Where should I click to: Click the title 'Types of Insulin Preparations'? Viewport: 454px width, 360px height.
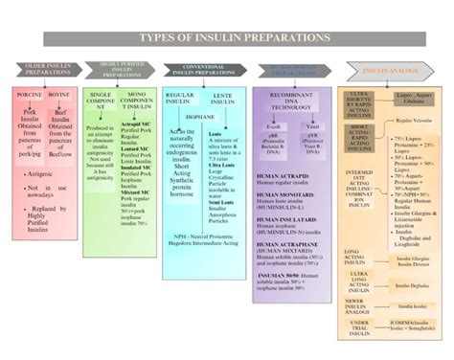coord(226,38)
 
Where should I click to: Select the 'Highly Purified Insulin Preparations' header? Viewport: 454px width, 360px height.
coord(124,70)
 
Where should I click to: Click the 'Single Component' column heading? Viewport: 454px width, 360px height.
coord(102,101)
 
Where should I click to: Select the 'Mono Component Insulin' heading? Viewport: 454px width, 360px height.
coord(136,101)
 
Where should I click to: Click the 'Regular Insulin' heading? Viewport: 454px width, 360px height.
coord(180,100)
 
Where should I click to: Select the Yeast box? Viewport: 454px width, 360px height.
coord(312,126)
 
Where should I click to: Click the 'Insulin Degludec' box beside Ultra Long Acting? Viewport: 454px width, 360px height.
coord(411,285)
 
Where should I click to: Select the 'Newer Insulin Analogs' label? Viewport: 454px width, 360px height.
coord(357,306)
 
